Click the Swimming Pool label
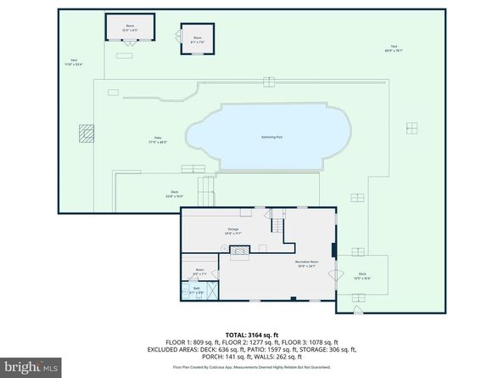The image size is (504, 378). (x=272, y=137)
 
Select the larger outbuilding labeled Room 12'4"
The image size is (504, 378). (x=130, y=27)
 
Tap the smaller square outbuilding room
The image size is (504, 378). (x=197, y=39)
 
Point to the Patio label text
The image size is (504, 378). (x=159, y=140)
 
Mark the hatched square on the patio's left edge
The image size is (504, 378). (x=86, y=133)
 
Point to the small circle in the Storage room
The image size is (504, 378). (x=224, y=247)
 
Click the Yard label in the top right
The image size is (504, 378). (x=394, y=48)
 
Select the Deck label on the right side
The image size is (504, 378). (x=362, y=274)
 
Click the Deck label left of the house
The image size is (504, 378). (x=175, y=192)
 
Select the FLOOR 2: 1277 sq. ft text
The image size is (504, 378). (x=253, y=342)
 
